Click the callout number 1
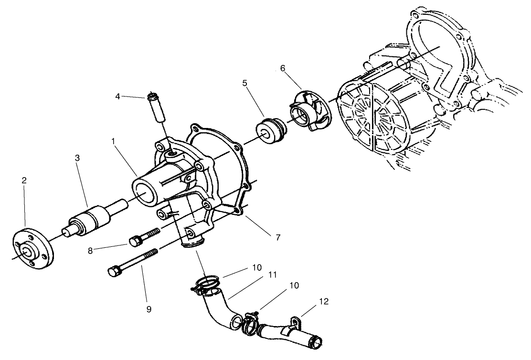point(114,141)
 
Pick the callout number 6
point(283,68)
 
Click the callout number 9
point(149,309)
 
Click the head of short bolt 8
point(134,240)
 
